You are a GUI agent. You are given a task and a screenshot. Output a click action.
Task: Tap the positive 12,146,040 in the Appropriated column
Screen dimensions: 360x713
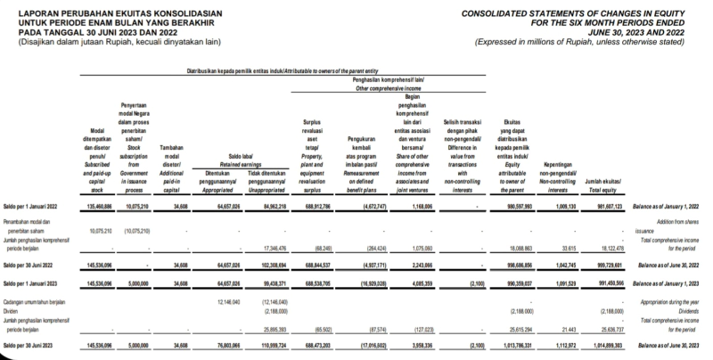(228, 301)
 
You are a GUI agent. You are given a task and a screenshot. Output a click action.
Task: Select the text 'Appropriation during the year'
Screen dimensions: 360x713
(663, 301)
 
